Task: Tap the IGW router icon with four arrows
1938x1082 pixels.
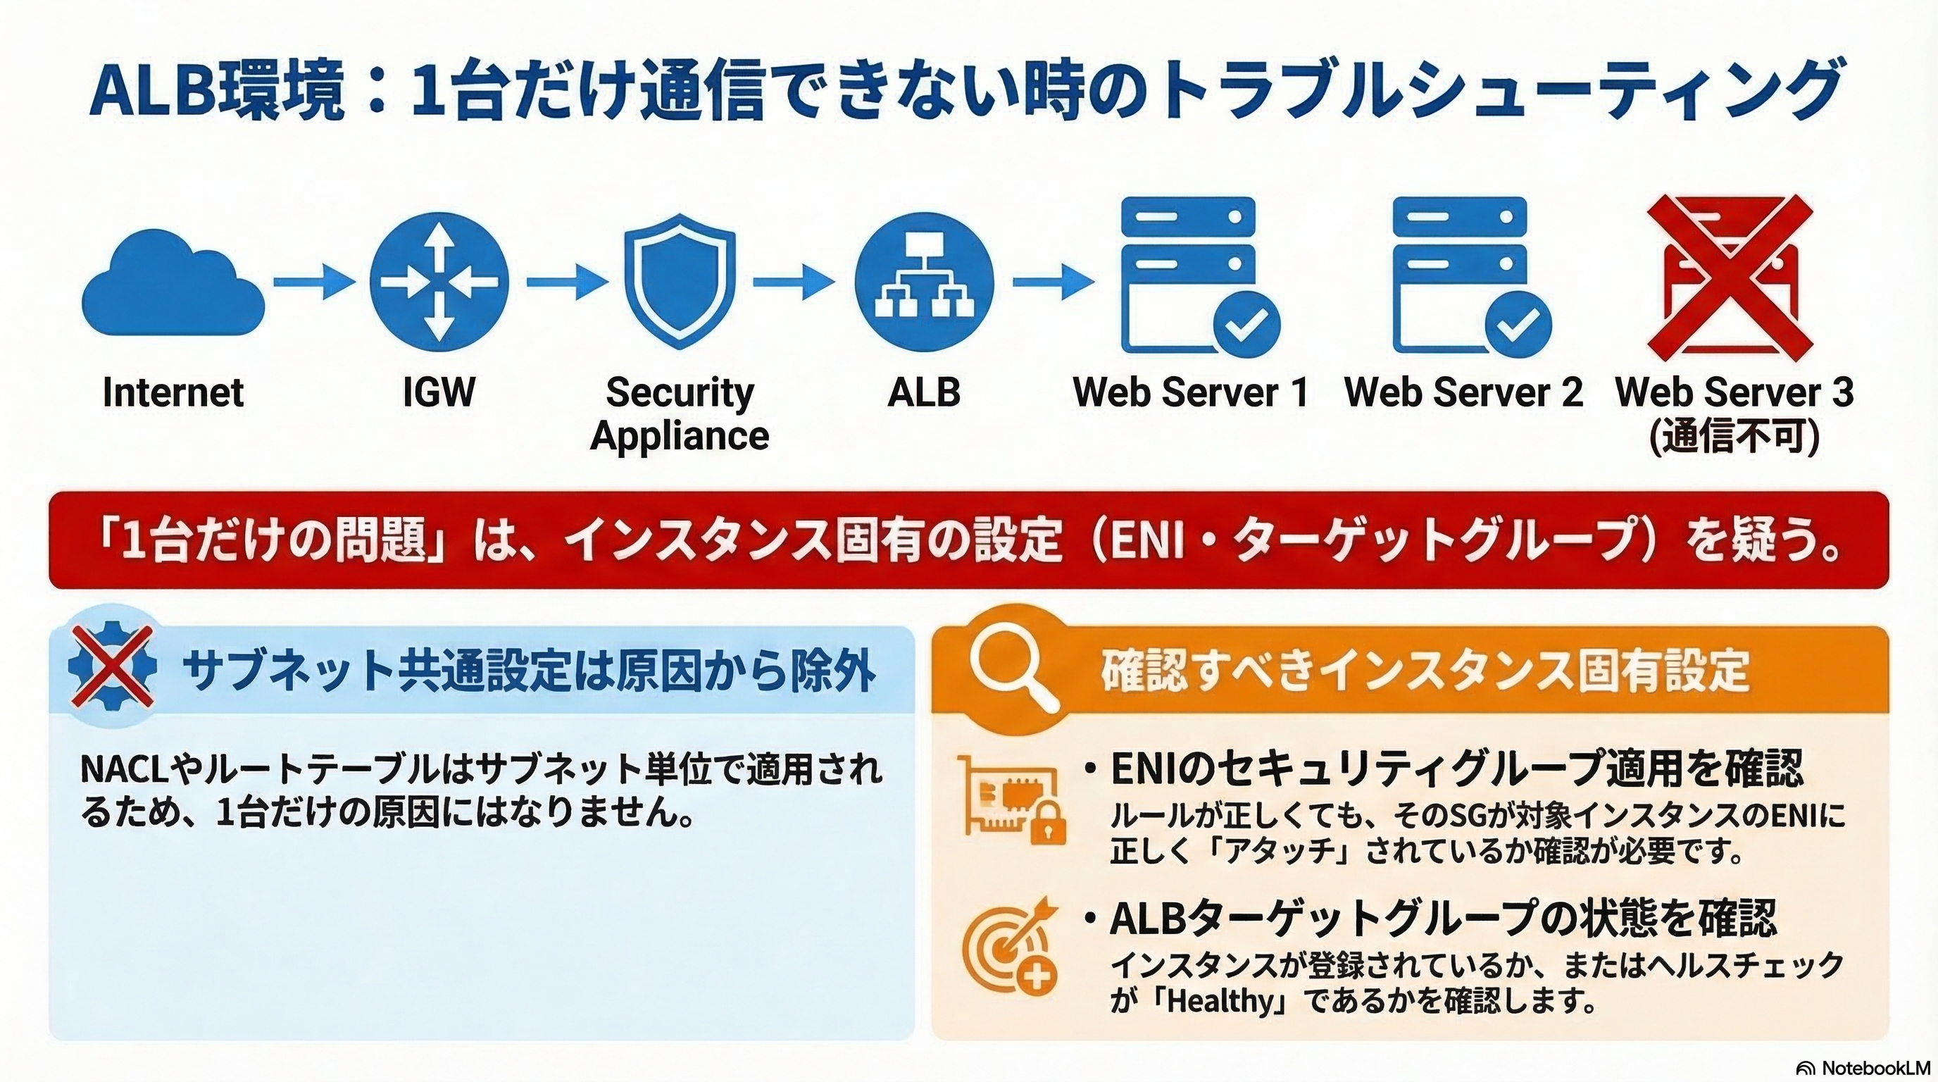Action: pyautogui.click(x=439, y=282)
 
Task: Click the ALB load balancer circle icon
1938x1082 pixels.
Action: pyautogui.click(x=924, y=282)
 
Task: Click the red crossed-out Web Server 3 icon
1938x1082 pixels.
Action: pyautogui.click(x=1730, y=277)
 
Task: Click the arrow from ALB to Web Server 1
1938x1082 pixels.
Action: pyautogui.click(x=1053, y=282)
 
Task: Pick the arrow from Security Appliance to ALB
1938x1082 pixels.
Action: pyautogui.click(x=794, y=282)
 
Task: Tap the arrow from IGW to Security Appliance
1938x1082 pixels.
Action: pyautogui.click(x=566, y=282)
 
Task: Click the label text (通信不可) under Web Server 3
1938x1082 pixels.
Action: pyautogui.click(x=1734, y=437)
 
